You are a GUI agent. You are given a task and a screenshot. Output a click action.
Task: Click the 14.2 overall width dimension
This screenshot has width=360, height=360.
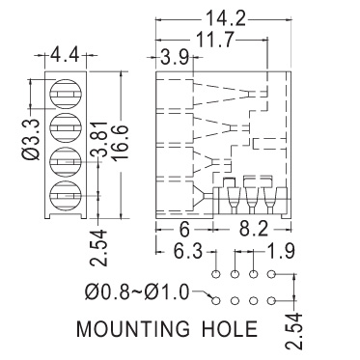click(x=225, y=18)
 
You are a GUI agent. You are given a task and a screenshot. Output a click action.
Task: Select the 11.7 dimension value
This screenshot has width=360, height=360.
click(x=214, y=40)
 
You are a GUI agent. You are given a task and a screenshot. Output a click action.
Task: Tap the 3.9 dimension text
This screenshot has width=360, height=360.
click(x=175, y=58)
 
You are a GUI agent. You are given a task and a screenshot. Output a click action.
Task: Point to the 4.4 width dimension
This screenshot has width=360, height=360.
click(x=66, y=55)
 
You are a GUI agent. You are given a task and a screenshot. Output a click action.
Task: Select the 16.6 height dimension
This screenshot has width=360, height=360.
click(x=122, y=142)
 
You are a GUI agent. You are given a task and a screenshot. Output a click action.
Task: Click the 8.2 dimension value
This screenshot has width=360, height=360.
click(x=254, y=231)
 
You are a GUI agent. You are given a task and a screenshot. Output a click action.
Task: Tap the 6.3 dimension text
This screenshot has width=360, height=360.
click(x=187, y=251)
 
